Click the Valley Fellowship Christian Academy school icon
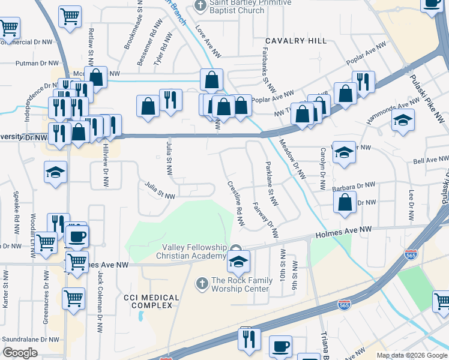coord(238,262)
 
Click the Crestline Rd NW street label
coord(235,204)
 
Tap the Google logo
coord(20,353)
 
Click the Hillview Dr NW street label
coord(106,162)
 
